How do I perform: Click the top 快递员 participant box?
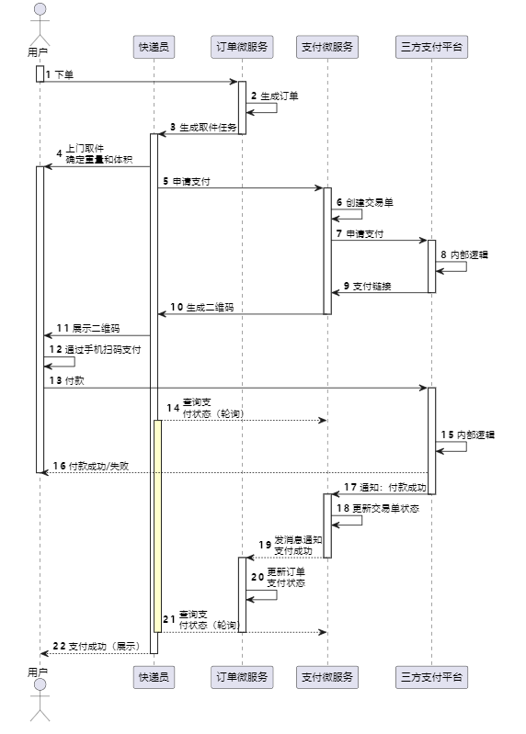(x=154, y=47)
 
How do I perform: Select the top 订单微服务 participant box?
(x=242, y=47)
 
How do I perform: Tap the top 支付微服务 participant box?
(x=327, y=47)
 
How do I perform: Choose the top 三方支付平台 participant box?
(x=431, y=47)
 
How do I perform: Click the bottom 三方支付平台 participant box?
(x=431, y=677)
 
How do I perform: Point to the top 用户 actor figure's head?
(x=40, y=9)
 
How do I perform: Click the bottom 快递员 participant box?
(x=154, y=677)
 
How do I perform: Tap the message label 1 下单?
(x=60, y=74)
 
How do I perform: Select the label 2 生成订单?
(x=274, y=96)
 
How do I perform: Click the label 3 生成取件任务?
(x=203, y=127)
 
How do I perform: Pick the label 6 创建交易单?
(x=365, y=202)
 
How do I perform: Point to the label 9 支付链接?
(x=367, y=286)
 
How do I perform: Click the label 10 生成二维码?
(x=202, y=307)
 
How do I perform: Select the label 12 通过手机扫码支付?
(x=95, y=349)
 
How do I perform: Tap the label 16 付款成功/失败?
(x=91, y=466)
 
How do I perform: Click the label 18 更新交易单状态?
(x=378, y=508)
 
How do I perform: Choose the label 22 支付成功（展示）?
(x=97, y=646)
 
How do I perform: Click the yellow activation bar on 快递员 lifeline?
(x=158, y=526)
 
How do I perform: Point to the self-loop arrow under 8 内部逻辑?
(x=452, y=266)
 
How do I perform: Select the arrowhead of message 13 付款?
(x=423, y=388)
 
